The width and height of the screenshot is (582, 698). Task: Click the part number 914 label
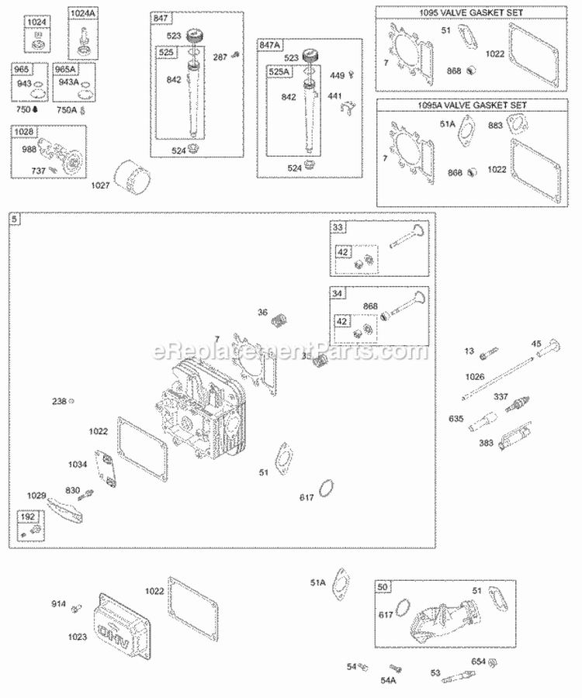58,603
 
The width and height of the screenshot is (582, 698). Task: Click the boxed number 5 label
14,220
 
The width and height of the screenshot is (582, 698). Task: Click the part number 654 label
479,662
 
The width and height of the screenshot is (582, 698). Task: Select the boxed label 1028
25,133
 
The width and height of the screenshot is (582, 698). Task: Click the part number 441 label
334,95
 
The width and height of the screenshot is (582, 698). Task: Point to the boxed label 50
382,586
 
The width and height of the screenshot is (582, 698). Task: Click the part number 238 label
59,401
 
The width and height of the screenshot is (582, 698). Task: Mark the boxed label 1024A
82,13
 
